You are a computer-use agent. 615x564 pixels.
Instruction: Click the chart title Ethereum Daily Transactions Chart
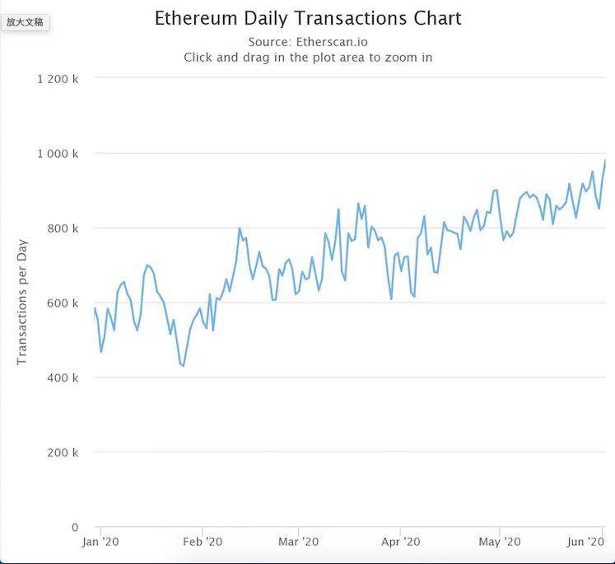[x=308, y=18]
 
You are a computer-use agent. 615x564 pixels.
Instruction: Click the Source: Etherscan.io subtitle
[x=308, y=42]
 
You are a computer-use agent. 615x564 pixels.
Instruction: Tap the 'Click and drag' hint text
[x=308, y=58]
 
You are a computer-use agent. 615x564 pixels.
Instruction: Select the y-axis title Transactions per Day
[x=22, y=302]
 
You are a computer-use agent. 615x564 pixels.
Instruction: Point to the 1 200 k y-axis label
[x=58, y=79]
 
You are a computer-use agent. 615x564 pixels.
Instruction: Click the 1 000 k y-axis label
[x=58, y=154]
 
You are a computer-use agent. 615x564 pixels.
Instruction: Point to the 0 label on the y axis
[x=75, y=528]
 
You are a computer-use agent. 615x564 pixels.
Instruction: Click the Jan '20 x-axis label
[x=100, y=542]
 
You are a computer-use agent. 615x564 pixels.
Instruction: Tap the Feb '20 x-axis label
[x=203, y=542]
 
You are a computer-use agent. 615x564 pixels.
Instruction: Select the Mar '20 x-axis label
[x=298, y=542]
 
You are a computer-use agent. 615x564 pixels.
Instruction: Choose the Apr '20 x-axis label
[x=400, y=542]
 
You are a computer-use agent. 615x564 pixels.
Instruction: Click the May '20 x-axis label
[x=500, y=542]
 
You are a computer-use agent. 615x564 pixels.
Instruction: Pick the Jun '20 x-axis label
[x=586, y=542]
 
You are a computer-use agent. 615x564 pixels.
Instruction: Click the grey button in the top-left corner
[x=26, y=22]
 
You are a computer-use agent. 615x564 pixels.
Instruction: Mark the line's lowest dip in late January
[x=183, y=366]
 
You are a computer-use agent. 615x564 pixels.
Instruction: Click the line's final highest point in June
[x=604, y=160]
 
